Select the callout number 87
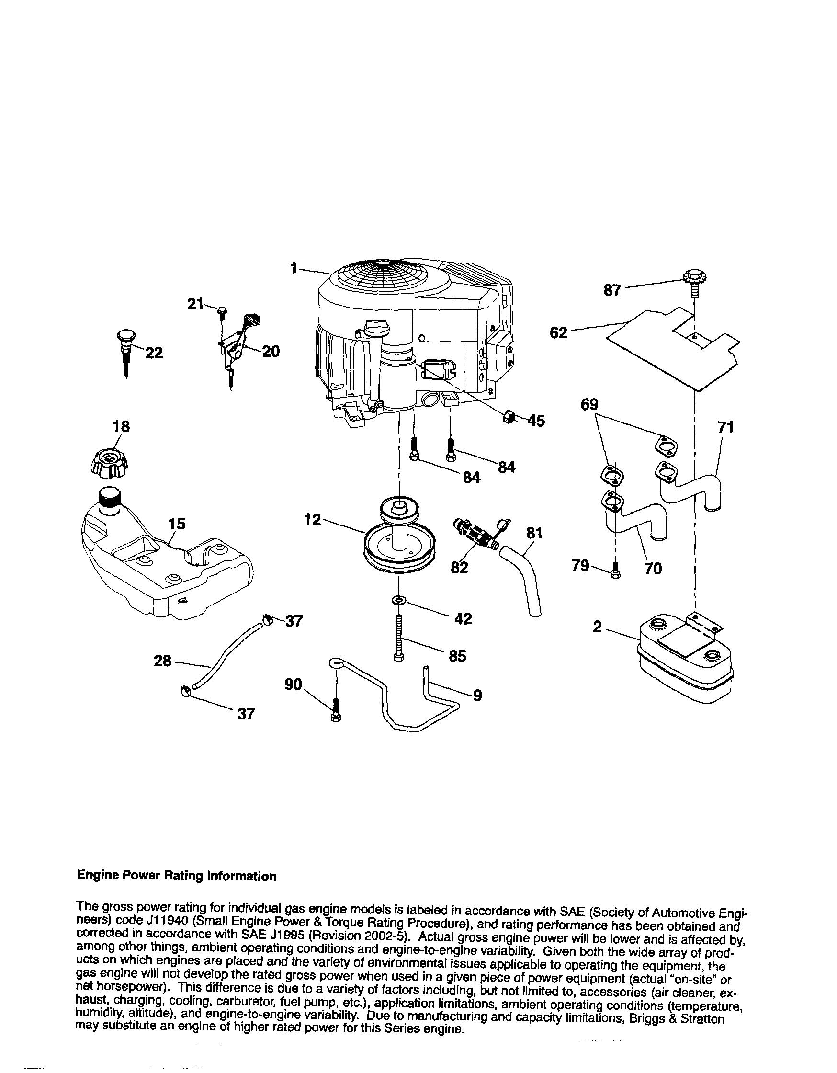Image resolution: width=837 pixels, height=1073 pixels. tap(611, 290)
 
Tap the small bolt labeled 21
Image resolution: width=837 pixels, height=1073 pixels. tap(222, 311)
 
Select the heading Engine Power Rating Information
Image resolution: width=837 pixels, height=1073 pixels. tap(177, 876)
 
